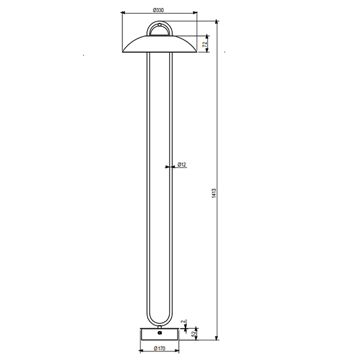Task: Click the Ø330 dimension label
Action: [x=158, y=10]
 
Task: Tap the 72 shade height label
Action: [x=205, y=44]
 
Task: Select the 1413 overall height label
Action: [x=214, y=193]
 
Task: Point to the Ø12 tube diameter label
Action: [x=182, y=164]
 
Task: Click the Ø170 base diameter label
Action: [x=160, y=349]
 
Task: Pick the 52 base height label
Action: [x=194, y=334]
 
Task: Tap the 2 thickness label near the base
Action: [x=183, y=322]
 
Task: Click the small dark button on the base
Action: [x=160, y=332]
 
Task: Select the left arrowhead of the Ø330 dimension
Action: [x=124, y=13]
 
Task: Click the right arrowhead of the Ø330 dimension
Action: [x=194, y=13]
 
